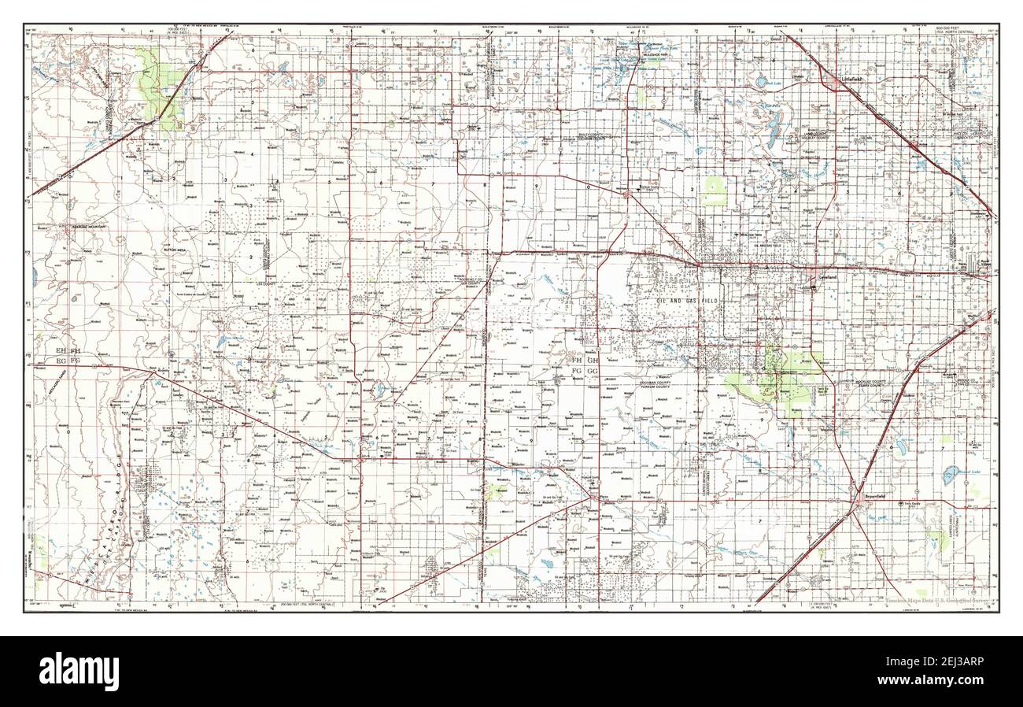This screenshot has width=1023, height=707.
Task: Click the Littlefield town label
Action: tap(854, 80)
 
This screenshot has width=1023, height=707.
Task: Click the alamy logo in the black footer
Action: tap(79, 672)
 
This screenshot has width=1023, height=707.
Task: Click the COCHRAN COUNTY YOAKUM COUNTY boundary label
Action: tap(658, 383)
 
